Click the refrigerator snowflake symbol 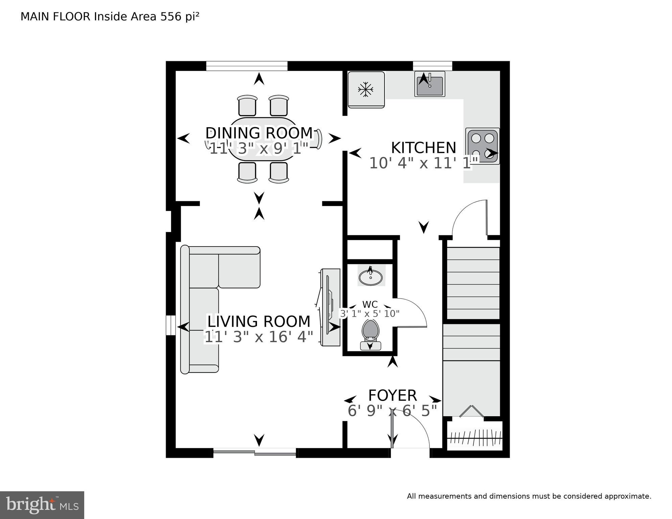[x=366, y=90]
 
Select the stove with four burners [x=483, y=146]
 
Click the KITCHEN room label [x=423, y=148]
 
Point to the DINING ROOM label [x=259, y=133]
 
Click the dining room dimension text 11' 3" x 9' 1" [x=259, y=148]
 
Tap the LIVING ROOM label [x=259, y=321]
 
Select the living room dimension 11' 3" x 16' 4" [x=259, y=337]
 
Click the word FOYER [x=392, y=395]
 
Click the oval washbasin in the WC [x=371, y=278]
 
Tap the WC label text [x=370, y=304]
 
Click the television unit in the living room [x=330, y=307]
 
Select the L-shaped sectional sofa [x=203, y=304]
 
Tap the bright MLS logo [x=42, y=505]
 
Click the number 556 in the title [x=171, y=17]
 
